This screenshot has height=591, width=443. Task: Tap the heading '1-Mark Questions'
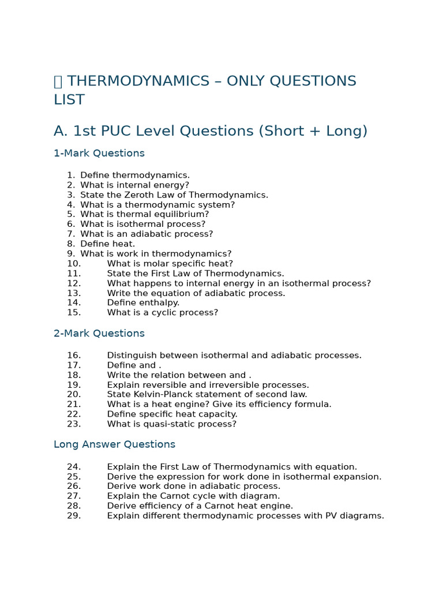point(99,154)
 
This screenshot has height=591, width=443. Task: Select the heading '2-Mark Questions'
point(99,334)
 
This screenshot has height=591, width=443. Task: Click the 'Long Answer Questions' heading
point(114,444)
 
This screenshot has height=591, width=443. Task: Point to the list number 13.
point(74,293)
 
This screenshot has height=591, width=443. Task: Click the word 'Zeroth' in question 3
point(142,195)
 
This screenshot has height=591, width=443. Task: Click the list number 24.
point(74,467)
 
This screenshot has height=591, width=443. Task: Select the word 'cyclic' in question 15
point(168,313)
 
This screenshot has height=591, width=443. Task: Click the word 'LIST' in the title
point(69,100)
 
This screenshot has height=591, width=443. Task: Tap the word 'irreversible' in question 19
point(238,385)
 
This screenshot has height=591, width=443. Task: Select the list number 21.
point(74,405)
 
